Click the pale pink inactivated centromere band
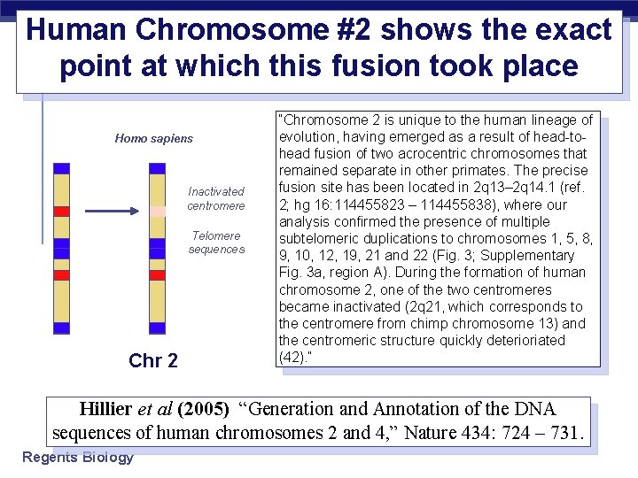pos(157,212)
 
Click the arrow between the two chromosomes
pos(113,212)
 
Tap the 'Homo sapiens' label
pos(153,138)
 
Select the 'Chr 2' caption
pos(153,360)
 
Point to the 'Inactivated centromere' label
pos(215,198)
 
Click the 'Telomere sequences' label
pos(216,243)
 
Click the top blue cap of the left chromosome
pos(61,168)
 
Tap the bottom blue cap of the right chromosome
pos(157,328)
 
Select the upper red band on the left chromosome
pos(61,212)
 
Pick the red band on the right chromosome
pos(157,274)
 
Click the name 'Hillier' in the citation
pos(105,409)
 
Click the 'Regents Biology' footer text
pos(78,457)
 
